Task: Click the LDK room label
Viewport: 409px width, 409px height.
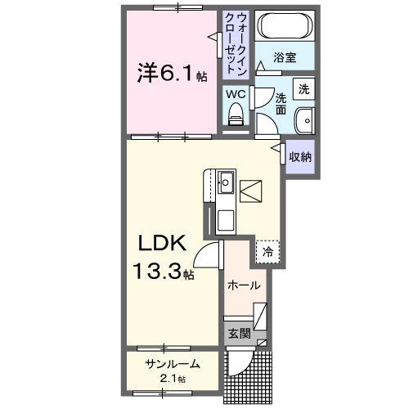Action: (168, 243)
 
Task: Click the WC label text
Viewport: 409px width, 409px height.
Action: (236, 94)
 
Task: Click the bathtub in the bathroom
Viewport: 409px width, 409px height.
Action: (283, 29)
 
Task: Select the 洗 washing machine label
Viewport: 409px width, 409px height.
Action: (303, 88)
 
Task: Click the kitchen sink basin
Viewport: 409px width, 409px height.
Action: (226, 182)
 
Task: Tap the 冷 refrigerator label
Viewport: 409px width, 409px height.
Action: (267, 253)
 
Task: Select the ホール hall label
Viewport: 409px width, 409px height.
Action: (244, 285)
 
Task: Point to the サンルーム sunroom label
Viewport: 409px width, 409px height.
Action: (173, 365)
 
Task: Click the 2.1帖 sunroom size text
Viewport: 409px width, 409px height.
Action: (173, 379)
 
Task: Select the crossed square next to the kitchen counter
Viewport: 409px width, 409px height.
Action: (250, 191)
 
